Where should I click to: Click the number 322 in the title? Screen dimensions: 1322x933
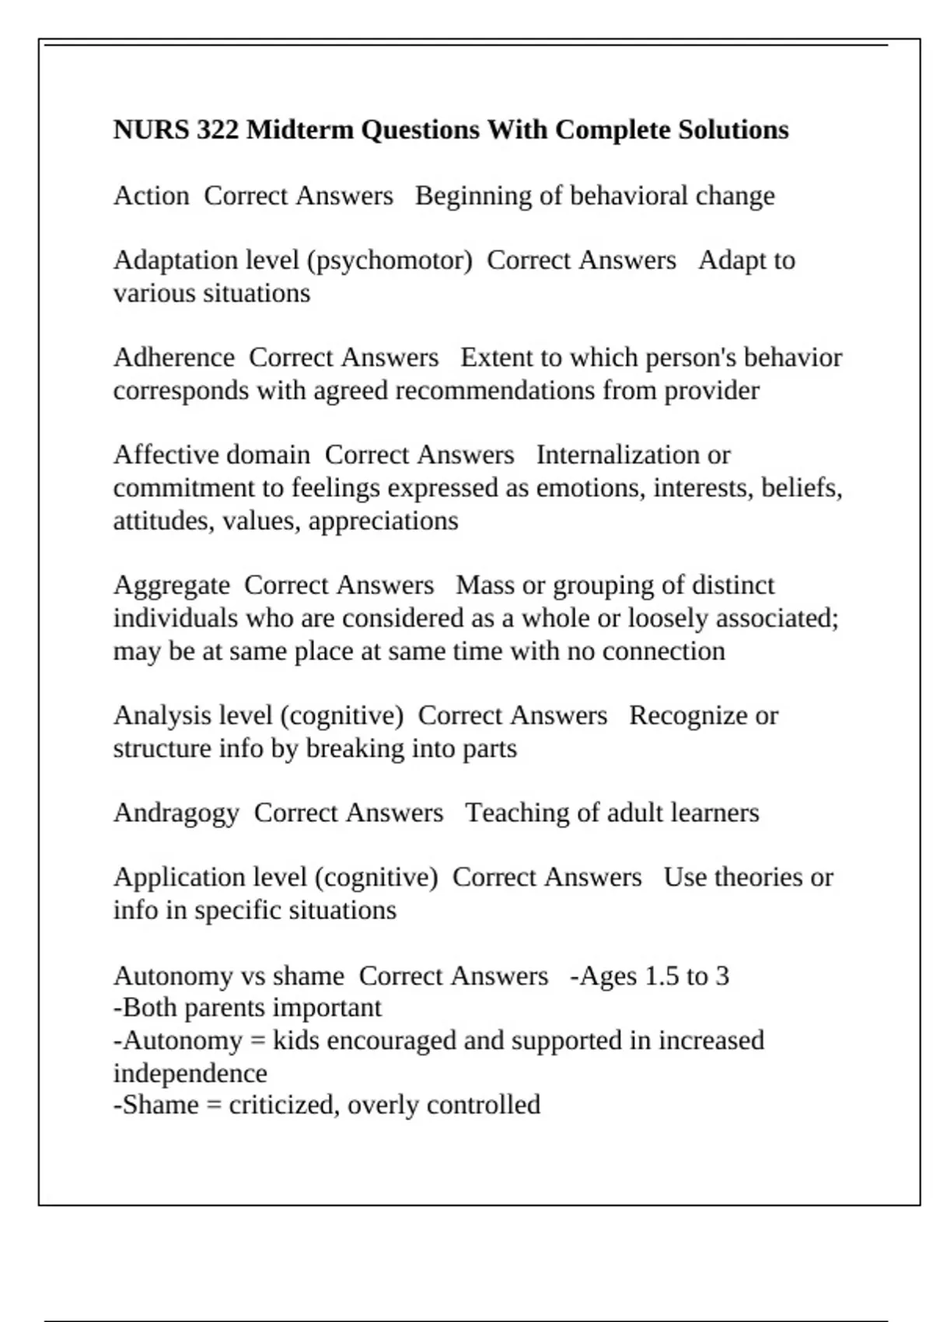click(x=217, y=129)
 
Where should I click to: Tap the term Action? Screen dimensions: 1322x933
click(x=151, y=195)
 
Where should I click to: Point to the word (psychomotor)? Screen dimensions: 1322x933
click(x=390, y=261)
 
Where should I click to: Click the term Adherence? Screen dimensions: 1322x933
click(x=173, y=358)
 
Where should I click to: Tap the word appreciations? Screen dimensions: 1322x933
click(x=383, y=521)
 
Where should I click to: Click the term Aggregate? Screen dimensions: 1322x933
click(x=171, y=586)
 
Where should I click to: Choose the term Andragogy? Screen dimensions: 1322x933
click(x=176, y=813)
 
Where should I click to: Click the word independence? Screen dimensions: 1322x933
click(x=190, y=1073)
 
